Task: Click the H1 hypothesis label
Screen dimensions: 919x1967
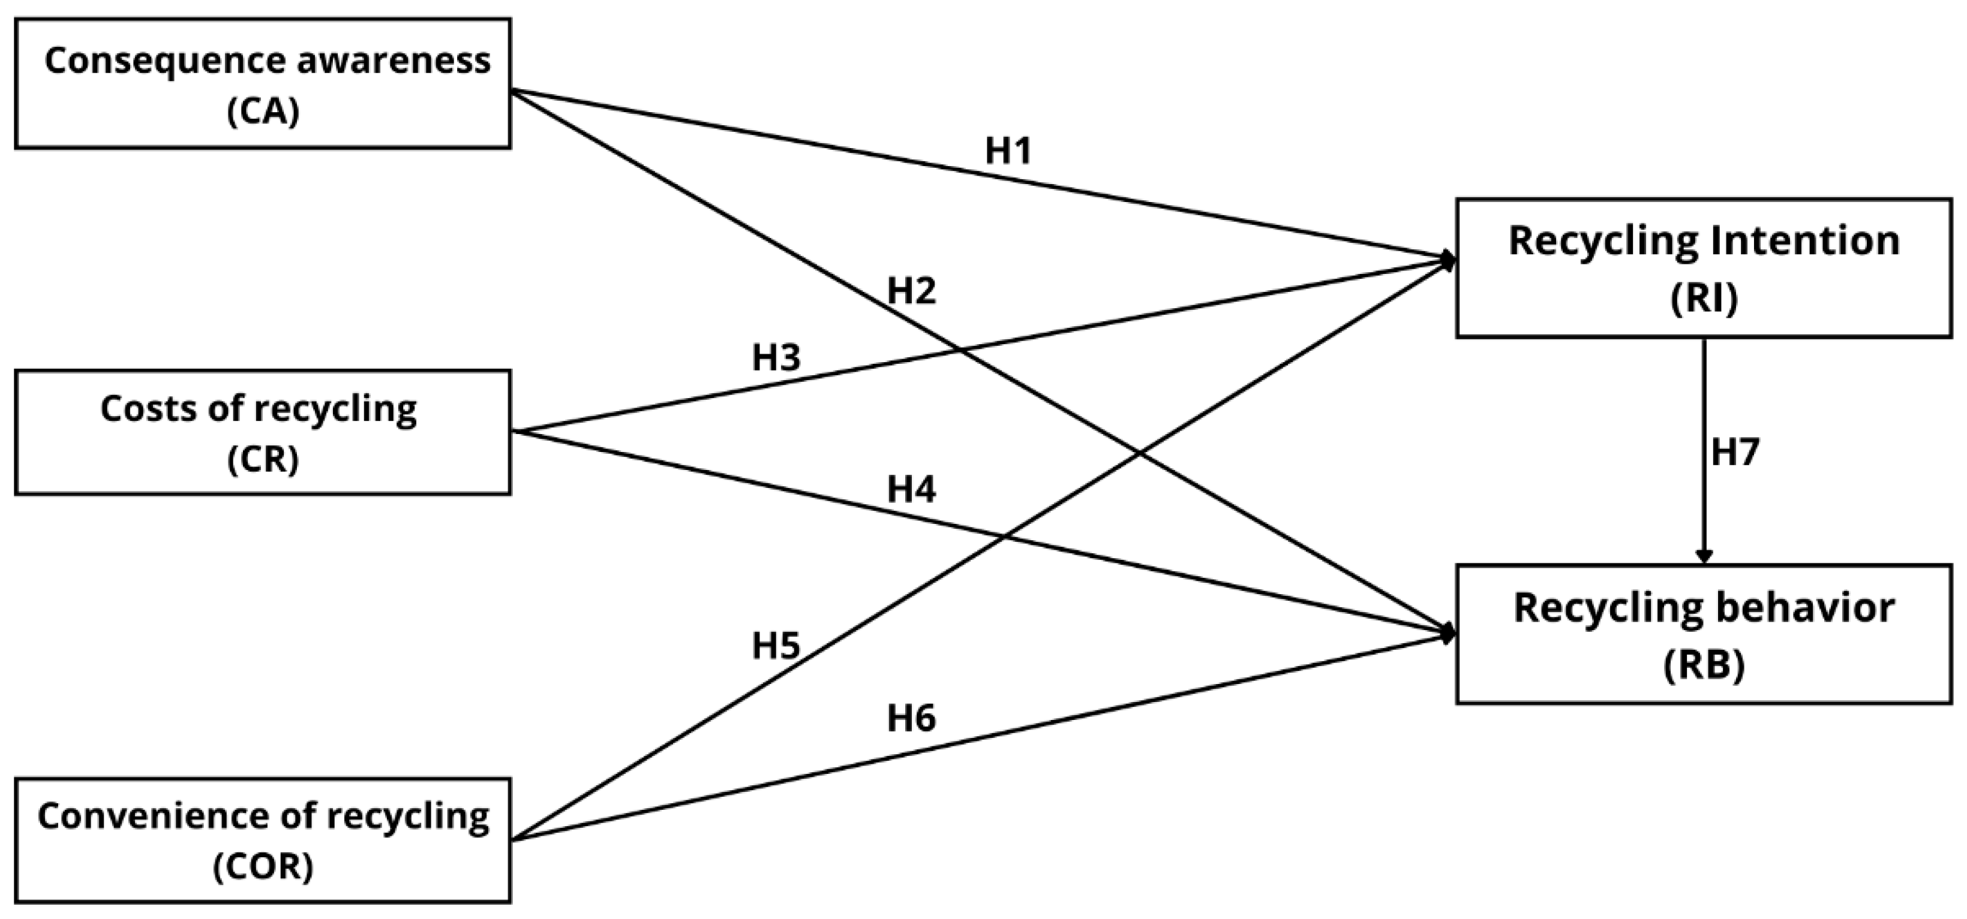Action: (1009, 150)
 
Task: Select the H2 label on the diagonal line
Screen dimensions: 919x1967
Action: (911, 291)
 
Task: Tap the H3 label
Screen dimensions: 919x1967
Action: (776, 357)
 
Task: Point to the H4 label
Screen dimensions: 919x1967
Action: (911, 489)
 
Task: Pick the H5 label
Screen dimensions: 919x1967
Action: (776, 646)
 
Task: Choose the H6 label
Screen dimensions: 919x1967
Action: (911, 718)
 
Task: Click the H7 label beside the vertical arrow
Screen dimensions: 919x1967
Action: (1735, 452)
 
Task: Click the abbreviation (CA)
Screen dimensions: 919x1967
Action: (263, 112)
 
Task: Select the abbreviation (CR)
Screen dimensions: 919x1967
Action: (263, 459)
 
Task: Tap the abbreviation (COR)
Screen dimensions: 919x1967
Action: (263, 866)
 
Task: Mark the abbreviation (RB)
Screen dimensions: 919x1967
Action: (1704, 665)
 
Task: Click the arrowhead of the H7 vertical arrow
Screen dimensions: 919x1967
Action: (1704, 556)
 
